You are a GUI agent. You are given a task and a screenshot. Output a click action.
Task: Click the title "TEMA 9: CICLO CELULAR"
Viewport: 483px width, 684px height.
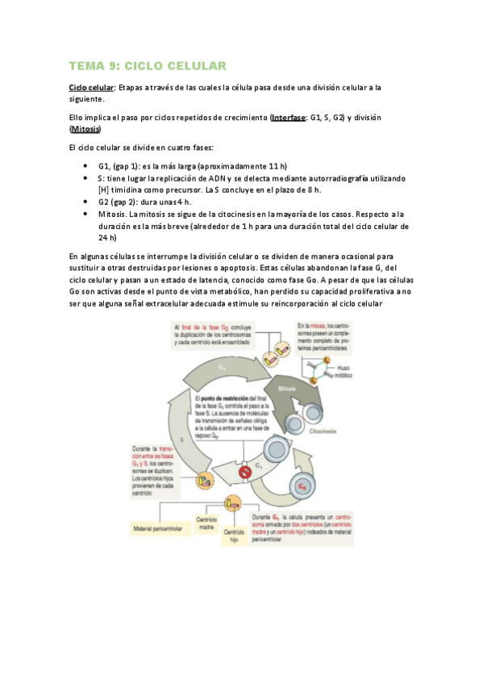tap(147, 65)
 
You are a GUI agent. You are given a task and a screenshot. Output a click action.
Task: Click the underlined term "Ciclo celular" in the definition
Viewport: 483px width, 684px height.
tap(91, 87)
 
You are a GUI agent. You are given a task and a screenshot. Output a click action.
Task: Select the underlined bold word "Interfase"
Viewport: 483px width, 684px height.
tap(289, 117)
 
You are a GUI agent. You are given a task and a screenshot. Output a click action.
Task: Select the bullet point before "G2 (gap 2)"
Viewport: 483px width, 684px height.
tap(85, 202)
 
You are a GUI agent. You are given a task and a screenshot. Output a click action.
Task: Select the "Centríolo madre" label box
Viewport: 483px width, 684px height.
tap(207, 523)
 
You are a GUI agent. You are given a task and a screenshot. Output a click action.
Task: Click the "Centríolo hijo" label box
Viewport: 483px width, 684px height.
tap(234, 536)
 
